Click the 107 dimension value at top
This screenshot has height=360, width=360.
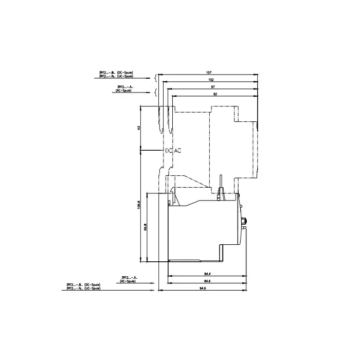coord(209,73)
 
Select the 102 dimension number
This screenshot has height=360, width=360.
coord(211,79)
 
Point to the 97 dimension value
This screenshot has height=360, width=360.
coord(213,87)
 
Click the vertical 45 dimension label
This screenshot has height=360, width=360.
coord(138,128)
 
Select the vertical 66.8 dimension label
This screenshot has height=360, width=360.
coord(146,227)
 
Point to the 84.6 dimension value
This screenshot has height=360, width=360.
coord(207,281)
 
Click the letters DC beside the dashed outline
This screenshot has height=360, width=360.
coord(169,151)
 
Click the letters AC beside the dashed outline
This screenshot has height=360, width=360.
coord(178,151)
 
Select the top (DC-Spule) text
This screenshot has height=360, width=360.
coord(125,73)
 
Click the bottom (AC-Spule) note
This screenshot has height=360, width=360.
coord(128,281)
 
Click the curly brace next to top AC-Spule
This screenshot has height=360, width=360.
coord(156,93)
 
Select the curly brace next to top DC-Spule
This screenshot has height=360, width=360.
coord(156,78)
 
